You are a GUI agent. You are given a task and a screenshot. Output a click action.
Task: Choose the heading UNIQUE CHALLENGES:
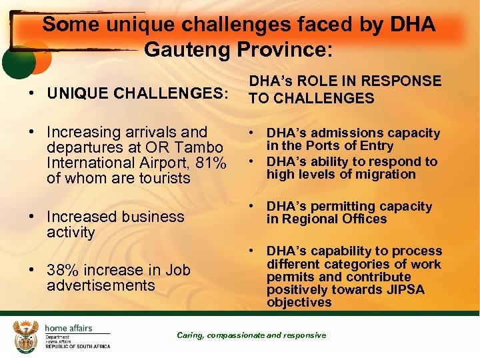click(137, 93)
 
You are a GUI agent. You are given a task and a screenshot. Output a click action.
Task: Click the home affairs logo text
click(68, 328)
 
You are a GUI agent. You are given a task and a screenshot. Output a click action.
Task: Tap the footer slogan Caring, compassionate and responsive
click(251, 335)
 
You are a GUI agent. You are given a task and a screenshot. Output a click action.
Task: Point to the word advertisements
click(101, 285)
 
